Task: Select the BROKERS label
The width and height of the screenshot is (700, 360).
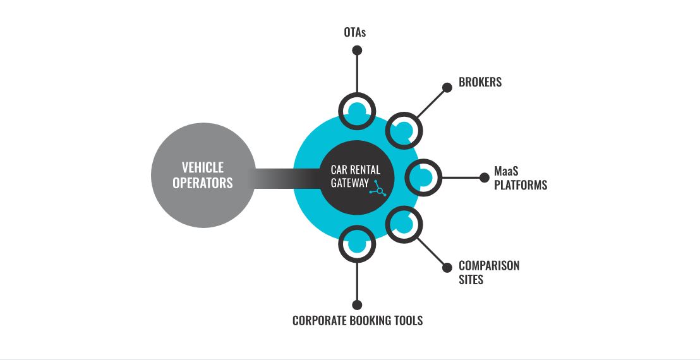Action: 480,82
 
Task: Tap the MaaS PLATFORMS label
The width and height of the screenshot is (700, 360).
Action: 521,178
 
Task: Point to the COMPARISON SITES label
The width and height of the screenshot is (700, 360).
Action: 488,272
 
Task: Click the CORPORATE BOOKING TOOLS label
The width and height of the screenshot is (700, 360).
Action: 358,321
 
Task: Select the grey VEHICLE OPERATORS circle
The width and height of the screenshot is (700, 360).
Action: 203,175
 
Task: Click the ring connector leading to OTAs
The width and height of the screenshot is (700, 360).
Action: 357,111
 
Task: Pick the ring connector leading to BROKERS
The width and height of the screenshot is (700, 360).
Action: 404,130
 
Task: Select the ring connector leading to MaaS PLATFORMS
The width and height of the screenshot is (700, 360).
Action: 422,177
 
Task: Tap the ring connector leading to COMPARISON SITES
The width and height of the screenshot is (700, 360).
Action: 404,224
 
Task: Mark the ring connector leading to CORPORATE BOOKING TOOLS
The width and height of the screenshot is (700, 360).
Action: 357,243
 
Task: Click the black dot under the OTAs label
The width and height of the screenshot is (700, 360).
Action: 358,50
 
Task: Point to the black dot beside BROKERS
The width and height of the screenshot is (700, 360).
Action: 447,88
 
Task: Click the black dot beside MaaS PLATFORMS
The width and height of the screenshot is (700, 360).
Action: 482,177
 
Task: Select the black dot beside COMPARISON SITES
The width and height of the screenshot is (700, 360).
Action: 447,267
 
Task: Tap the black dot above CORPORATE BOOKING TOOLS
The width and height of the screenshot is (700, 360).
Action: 357,304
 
